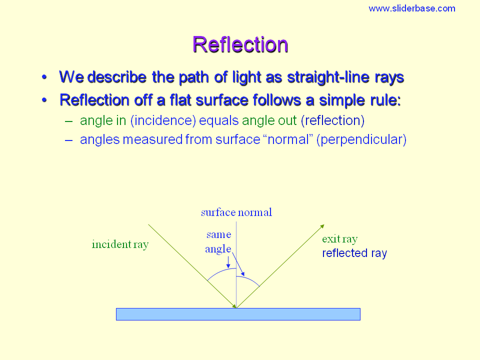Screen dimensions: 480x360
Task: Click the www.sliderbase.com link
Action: point(411,8)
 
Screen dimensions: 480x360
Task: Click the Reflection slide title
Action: point(240,44)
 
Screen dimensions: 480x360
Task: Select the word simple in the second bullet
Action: point(341,100)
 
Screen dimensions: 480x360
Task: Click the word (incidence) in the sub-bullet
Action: point(163,120)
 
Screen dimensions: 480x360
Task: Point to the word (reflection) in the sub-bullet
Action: point(333,120)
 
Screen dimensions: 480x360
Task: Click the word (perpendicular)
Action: point(361,139)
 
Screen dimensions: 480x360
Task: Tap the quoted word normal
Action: point(288,139)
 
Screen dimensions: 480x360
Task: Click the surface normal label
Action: point(236,212)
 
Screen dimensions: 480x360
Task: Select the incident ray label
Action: point(120,244)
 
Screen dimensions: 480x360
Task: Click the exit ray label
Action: point(340,239)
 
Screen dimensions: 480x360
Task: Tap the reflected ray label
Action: point(354,253)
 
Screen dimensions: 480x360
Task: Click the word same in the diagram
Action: point(218,235)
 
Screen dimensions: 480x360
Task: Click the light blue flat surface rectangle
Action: point(238,314)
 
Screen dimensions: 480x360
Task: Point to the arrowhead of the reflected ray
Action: point(322,226)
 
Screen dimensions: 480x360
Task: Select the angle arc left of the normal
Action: point(221,271)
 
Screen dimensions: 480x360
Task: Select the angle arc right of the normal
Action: point(249,279)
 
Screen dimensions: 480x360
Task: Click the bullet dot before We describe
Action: point(44,77)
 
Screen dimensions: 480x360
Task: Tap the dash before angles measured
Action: point(69,140)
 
